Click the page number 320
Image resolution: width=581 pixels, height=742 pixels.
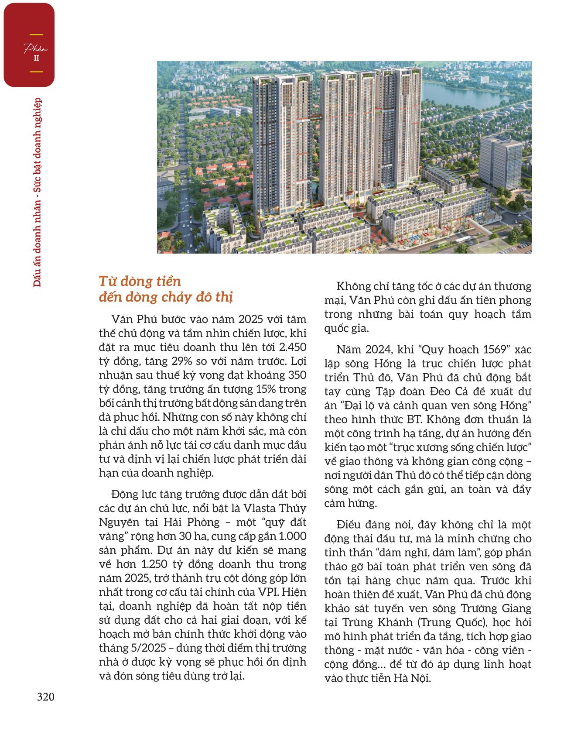click(45, 697)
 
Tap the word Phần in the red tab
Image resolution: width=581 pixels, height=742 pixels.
click(35, 49)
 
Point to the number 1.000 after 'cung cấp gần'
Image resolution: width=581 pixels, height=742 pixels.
click(292, 536)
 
